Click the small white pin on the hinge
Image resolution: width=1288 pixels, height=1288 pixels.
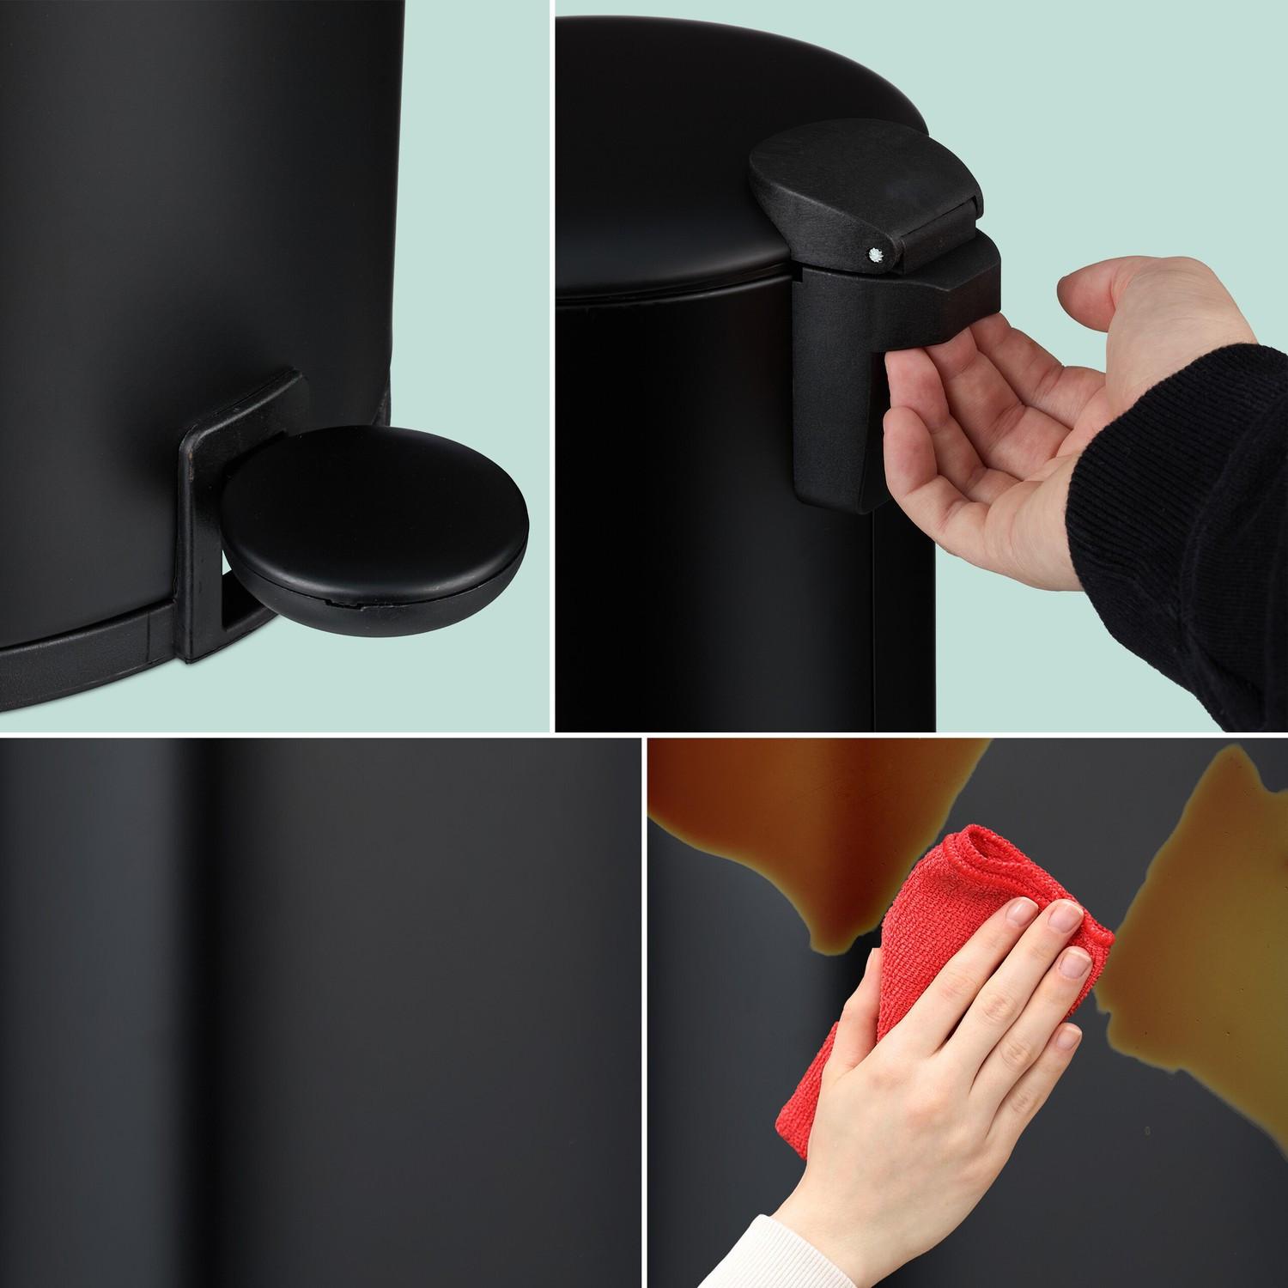[874, 254]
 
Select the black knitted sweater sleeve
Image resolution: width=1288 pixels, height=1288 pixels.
[1202, 515]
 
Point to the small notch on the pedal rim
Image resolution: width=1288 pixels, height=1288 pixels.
[344, 604]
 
